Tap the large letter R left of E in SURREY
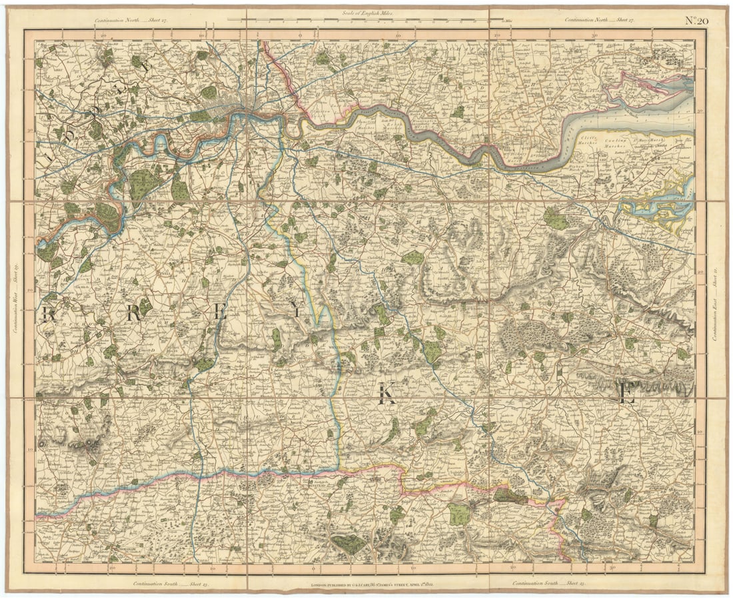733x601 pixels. pos(133,314)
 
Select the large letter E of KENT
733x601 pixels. pos(626,394)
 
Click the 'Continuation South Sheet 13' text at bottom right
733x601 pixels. pos(548,584)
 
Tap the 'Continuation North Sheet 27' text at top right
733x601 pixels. pos(599,20)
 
